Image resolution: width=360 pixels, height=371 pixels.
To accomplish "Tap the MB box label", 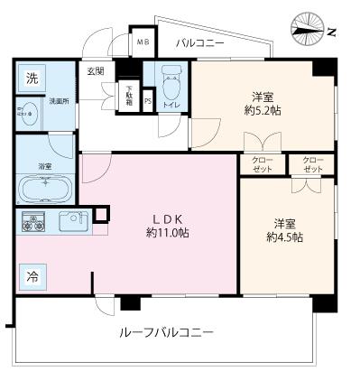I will tap(142, 42).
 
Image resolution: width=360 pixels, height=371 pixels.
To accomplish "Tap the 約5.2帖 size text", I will tap(262, 111).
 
